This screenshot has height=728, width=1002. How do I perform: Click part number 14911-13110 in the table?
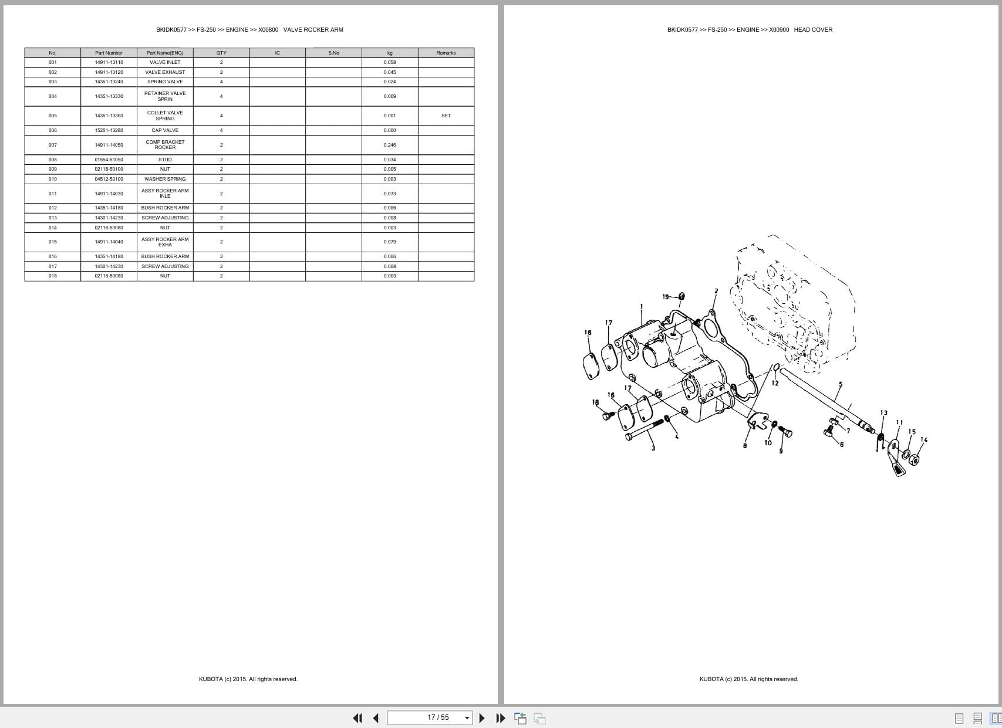coord(109,62)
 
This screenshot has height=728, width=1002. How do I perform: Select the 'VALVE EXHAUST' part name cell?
coord(165,72)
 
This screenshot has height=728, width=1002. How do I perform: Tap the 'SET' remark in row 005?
coord(446,116)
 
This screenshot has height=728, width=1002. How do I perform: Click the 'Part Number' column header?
coord(109,53)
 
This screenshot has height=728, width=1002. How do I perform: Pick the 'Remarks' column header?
coord(446,53)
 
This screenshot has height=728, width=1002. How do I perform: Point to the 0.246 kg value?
coord(390,145)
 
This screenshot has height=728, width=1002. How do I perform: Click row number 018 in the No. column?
coord(53,276)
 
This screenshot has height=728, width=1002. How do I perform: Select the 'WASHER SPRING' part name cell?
coord(165,179)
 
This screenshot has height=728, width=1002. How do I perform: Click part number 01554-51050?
coord(109,160)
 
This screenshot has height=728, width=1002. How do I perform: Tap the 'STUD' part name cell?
coord(165,160)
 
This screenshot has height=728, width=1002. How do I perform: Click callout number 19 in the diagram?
coord(666,297)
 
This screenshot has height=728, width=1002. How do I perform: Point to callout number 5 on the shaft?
coord(841,385)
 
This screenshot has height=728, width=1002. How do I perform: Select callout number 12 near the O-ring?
coord(775,383)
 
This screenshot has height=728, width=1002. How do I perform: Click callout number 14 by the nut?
coord(924,439)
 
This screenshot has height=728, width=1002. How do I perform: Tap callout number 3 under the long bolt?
coord(653,448)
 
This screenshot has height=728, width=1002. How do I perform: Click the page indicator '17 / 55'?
coord(438,717)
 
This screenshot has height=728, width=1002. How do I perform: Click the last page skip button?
coord(501,718)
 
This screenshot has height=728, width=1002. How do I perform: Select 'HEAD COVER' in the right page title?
coord(813,30)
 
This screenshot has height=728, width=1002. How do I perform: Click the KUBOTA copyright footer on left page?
coord(248,679)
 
